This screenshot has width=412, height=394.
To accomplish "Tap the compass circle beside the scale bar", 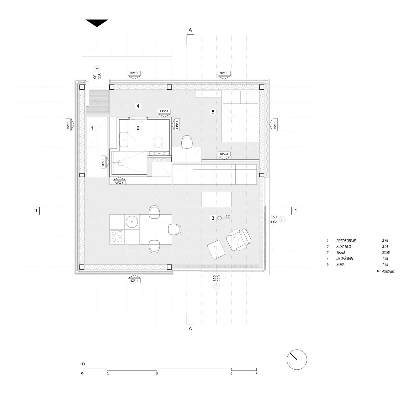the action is point(297,360).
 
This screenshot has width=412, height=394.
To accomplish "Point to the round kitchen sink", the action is point(132,221).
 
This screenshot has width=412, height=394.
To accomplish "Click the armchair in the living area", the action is point(239,239).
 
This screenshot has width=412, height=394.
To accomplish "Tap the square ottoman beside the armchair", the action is point(216,250).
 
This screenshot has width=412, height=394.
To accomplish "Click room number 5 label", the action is point(213,112).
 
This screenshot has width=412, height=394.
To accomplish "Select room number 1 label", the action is point(92,128).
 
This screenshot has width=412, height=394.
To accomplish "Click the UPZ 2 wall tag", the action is point(224,154).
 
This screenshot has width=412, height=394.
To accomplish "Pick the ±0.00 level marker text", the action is point(227,216).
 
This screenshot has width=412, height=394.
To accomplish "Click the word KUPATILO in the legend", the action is point(344,247).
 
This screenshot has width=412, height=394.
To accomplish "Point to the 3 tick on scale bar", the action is point(157,373).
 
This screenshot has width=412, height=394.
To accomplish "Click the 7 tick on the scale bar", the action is point(256,373).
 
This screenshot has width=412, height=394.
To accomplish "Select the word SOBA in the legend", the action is point(340,265).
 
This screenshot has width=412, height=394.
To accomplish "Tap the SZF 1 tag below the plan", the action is point(134,281).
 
